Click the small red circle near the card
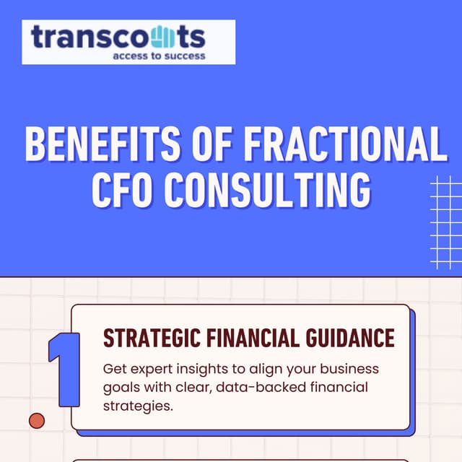point(36,420)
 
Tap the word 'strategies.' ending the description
point(138,406)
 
